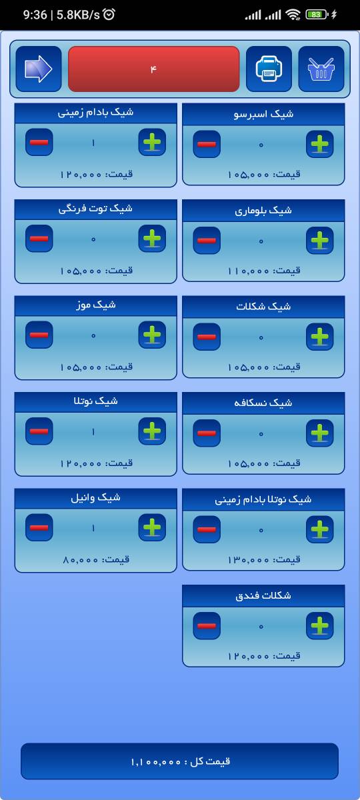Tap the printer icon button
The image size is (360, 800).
tap(269, 69)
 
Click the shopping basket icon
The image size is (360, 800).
tap(321, 69)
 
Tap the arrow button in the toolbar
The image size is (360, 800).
tap(39, 69)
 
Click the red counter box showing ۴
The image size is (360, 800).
tap(153, 69)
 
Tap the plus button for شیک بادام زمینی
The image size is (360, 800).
tap(152, 142)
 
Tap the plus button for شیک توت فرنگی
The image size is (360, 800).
tap(152, 238)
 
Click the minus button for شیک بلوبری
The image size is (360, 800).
tap(207, 241)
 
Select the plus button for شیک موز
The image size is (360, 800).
tap(152, 335)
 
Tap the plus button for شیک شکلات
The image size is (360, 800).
tap(319, 337)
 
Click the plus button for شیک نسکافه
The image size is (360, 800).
tap(319, 433)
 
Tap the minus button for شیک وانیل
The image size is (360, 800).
tap(39, 527)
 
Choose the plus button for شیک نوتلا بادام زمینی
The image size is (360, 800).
tap(319, 529)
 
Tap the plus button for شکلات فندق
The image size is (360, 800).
tap(319, 626)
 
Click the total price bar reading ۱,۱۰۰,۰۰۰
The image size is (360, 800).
tap(179, 761)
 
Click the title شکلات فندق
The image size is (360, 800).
tap(263, 595)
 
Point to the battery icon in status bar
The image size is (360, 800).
tap(317, 15)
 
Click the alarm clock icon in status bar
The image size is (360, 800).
tap(109, 14)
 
